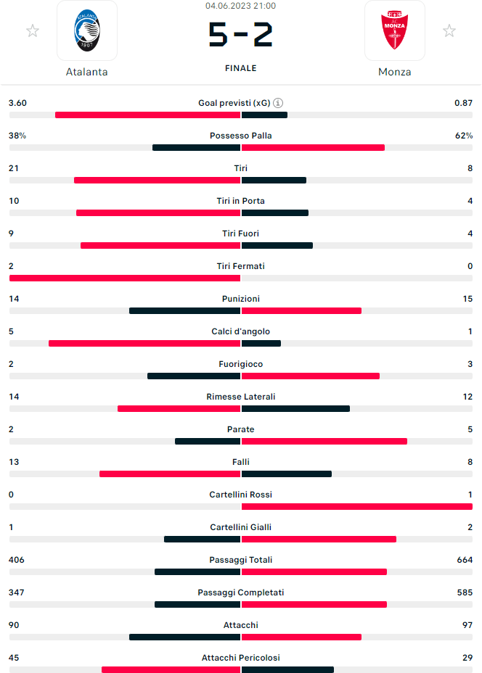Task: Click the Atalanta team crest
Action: pos(87,30)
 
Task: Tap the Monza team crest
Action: pos(394,30)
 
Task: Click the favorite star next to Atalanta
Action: pos(32,30)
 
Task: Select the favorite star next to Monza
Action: pos(449,30)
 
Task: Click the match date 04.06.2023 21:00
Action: pos(240,6)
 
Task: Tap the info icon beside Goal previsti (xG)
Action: pos(278,103)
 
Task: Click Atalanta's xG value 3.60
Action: pos(17,103)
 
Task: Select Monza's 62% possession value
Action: pos(464,136)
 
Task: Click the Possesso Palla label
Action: pos(240,136)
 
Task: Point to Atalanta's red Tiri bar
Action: pos(157,181)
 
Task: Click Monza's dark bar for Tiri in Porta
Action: pos(275,213)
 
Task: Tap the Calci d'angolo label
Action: pos(240,331)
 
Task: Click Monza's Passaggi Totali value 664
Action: pos(462,560)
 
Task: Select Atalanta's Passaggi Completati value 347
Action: pos(17,593)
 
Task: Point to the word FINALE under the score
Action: pos(240,68)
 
